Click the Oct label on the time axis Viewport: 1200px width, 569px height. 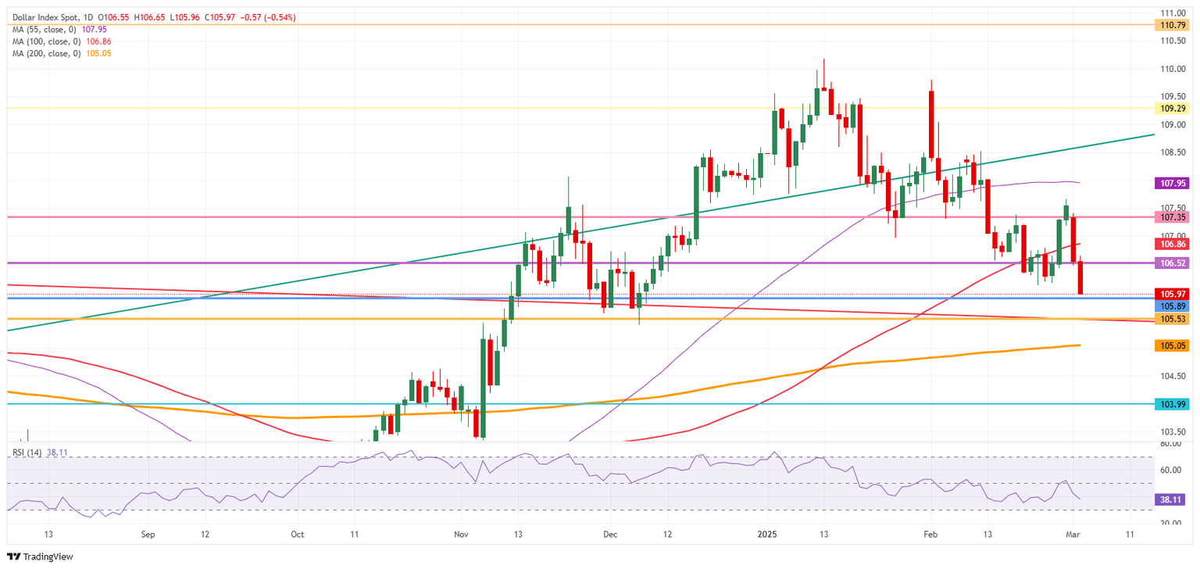point(297,535)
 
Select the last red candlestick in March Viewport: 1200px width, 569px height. point(1080,278)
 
